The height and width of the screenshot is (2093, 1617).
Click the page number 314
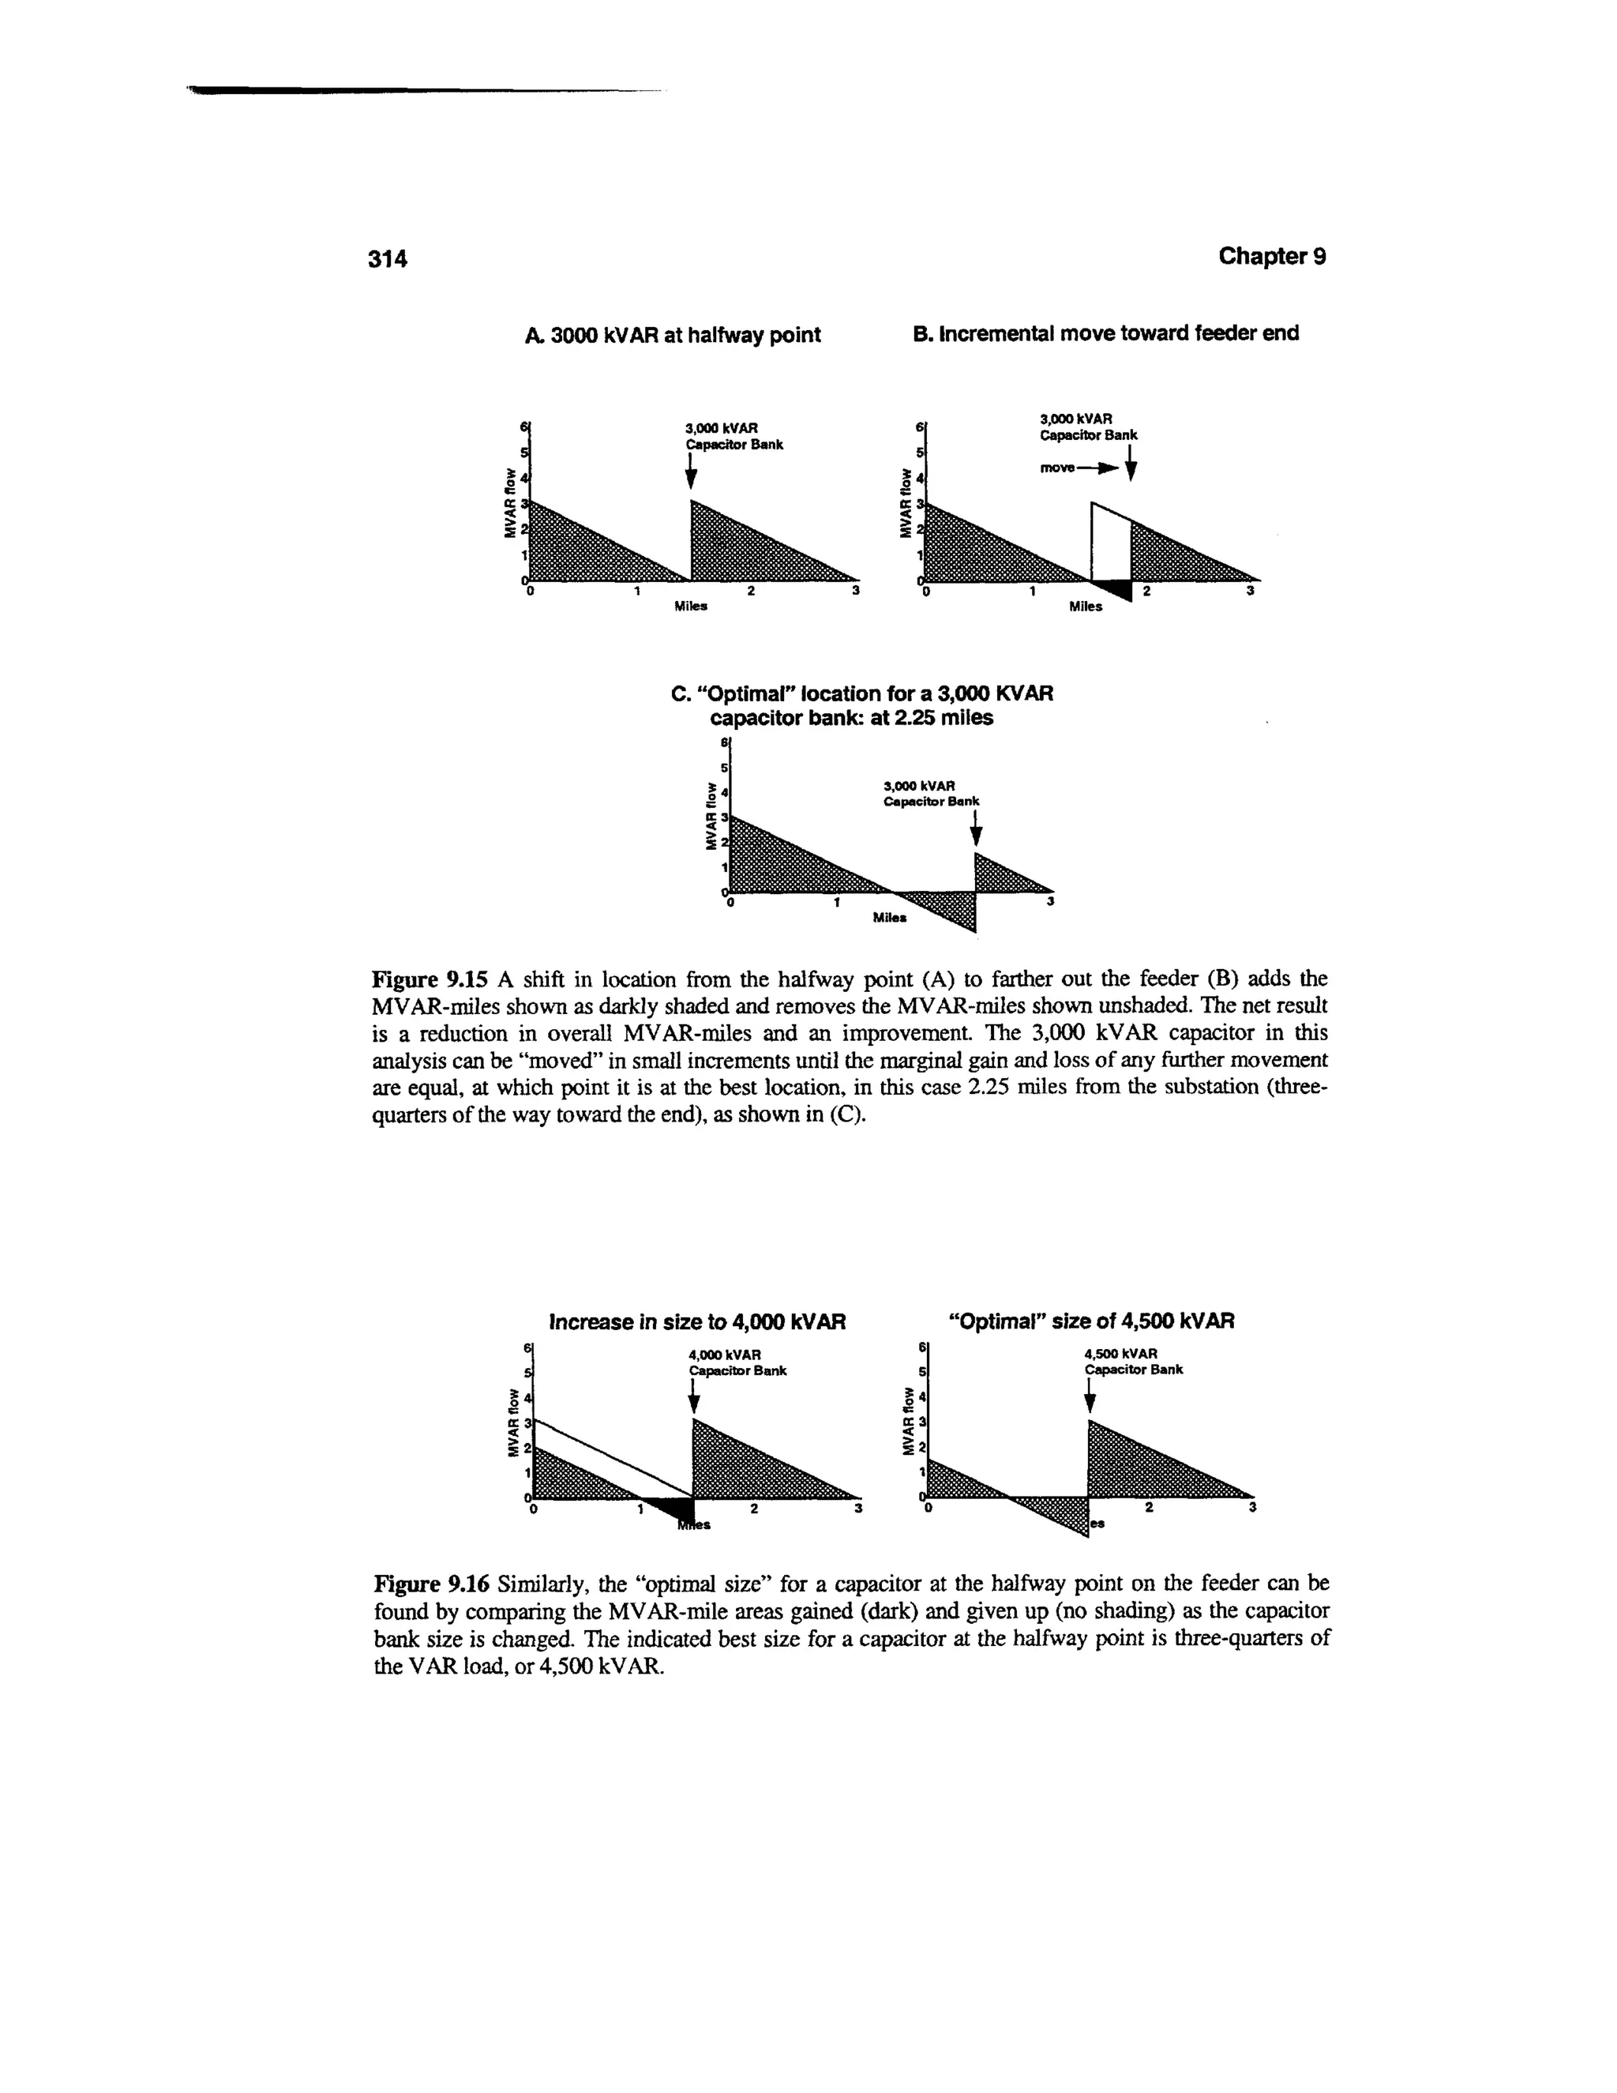[389, 259]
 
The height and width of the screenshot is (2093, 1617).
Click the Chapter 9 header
[1271, 257]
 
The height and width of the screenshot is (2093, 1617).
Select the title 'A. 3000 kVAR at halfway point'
[673, 334]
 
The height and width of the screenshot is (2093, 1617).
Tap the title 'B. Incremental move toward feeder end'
[1106, 333]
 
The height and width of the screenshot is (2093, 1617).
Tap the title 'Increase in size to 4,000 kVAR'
[697, 1322]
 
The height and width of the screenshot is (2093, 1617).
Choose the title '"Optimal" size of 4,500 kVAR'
[1091, 1321]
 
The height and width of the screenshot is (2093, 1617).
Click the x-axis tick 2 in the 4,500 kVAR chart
[1149, 1508]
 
